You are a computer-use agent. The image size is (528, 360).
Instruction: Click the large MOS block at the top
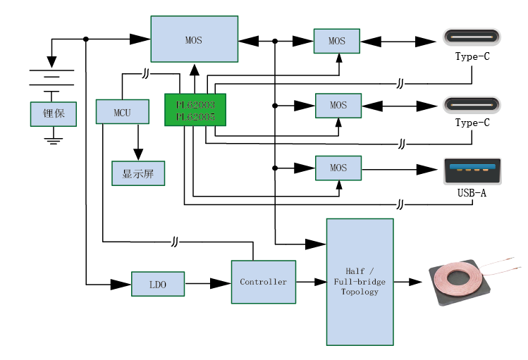click(194, 40)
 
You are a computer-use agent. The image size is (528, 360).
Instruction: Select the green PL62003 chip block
click(195, 110)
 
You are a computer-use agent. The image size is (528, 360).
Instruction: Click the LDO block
click(158, 284)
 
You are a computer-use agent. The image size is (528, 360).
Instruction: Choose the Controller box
click(264, 282)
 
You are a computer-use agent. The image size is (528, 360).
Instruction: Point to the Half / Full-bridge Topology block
click(360, 282)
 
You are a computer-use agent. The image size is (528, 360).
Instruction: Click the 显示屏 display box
click(138, 173)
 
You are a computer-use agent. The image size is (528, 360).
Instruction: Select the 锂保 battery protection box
click(54, 114)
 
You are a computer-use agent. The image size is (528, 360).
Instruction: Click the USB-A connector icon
click(472, 170)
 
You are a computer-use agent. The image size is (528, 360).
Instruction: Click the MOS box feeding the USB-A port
click(338, 168)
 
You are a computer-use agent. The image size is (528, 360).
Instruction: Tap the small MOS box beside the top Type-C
click(337, 41)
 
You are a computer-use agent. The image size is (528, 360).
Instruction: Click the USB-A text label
click(472, 192)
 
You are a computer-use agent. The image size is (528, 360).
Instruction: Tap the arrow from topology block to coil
click(409, 282)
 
